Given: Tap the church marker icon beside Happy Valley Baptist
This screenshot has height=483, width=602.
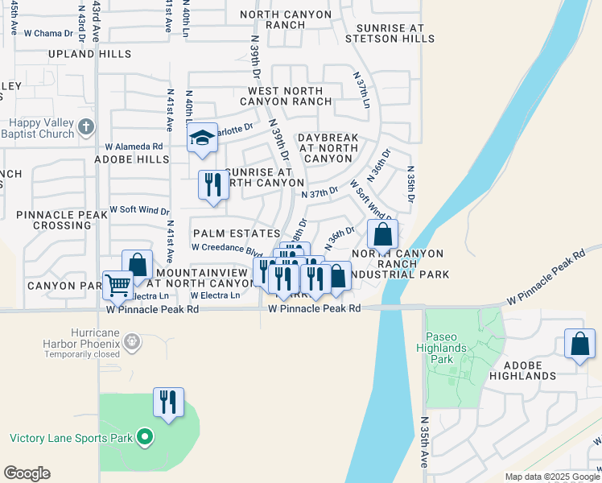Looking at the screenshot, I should point(87,127).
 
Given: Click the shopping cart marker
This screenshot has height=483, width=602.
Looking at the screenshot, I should point(118,285).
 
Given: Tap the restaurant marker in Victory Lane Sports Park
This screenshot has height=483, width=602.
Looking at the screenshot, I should point(168,402).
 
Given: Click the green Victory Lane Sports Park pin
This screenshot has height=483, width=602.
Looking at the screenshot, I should point(145,438).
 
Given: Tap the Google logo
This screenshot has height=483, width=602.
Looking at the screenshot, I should point(27,473).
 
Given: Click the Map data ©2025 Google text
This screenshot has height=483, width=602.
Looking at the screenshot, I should point(551,477).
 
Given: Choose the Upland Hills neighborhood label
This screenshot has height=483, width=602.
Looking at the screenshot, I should point(89,54).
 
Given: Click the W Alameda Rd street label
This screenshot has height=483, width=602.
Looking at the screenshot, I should point(134,147).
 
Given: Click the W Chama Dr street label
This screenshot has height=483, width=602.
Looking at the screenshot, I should point(48,34).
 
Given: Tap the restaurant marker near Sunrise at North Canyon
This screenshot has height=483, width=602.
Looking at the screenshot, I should point(212,185).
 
